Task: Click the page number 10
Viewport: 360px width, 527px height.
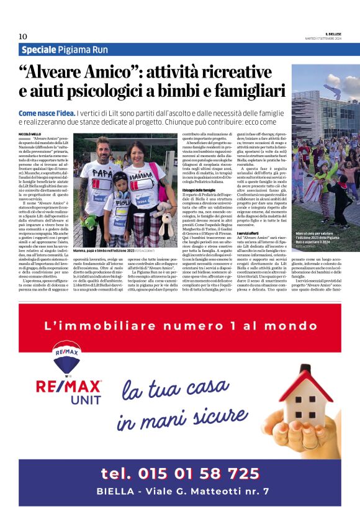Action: click(23, 36)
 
